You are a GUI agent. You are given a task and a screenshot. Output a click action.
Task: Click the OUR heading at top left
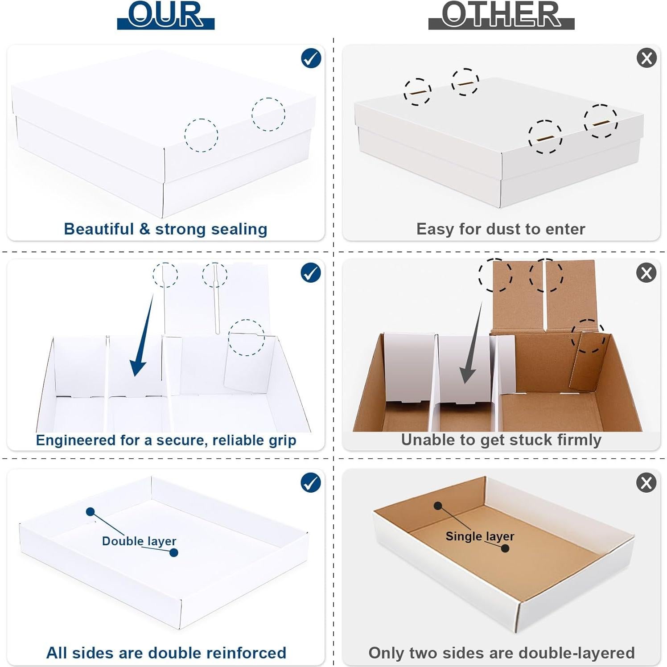pos(165,15)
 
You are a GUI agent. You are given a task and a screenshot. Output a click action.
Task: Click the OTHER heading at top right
pos(501,15)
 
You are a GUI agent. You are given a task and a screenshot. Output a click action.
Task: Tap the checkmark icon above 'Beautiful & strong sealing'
pos(311,58)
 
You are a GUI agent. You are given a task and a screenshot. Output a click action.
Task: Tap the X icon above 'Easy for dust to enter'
pos(646,58)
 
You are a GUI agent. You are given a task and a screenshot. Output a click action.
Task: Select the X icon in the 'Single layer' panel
pos(646,483)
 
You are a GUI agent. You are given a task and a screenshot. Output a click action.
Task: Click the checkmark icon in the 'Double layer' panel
pos(311,483)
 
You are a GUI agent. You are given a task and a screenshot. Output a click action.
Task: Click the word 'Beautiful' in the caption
pos(99,229)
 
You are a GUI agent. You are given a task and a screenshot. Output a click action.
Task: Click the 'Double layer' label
pos(139,541)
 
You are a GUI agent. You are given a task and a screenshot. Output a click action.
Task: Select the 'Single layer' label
pos(480,536)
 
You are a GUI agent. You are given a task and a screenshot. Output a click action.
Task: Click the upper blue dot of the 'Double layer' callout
pos(91,511)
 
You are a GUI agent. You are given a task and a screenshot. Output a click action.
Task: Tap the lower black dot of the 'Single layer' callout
pos(505,548)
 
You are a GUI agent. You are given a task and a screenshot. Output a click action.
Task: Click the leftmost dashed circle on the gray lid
pos(417,92)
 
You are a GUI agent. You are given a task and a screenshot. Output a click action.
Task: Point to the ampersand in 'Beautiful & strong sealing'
pos(144,229)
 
